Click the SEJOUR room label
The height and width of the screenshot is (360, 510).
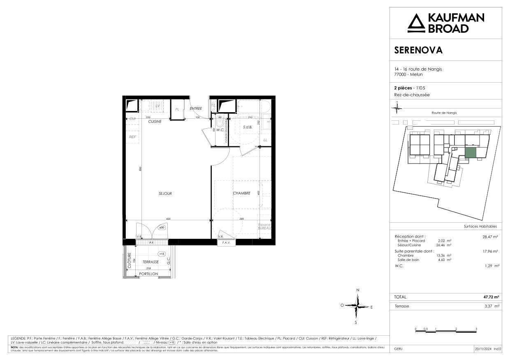[x=165, y=194]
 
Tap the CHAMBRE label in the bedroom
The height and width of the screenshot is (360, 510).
[x=241, y=193]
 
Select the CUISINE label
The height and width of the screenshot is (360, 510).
[x=155, y=122]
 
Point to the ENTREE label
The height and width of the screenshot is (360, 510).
[x=196, y=108]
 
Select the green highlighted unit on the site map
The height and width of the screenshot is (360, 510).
[x=471, y=152]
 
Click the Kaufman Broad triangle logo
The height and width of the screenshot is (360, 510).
[x=415, y=23]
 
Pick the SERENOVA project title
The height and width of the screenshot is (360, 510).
[x=418, y=51]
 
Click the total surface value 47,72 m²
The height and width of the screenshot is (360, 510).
[x=491, y=297]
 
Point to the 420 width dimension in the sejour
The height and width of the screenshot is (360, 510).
[x=168, y=219]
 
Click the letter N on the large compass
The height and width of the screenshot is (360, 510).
[x=358, y=290]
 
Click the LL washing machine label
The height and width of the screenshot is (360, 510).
[x=265, y=140]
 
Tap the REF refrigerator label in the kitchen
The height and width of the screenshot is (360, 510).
[x=132, y=137]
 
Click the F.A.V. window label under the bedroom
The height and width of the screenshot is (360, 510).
[x=225, y=243]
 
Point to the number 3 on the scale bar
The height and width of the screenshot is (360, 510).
[x=476, y=329]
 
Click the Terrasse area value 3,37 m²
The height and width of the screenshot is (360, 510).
[x=491, y=306]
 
